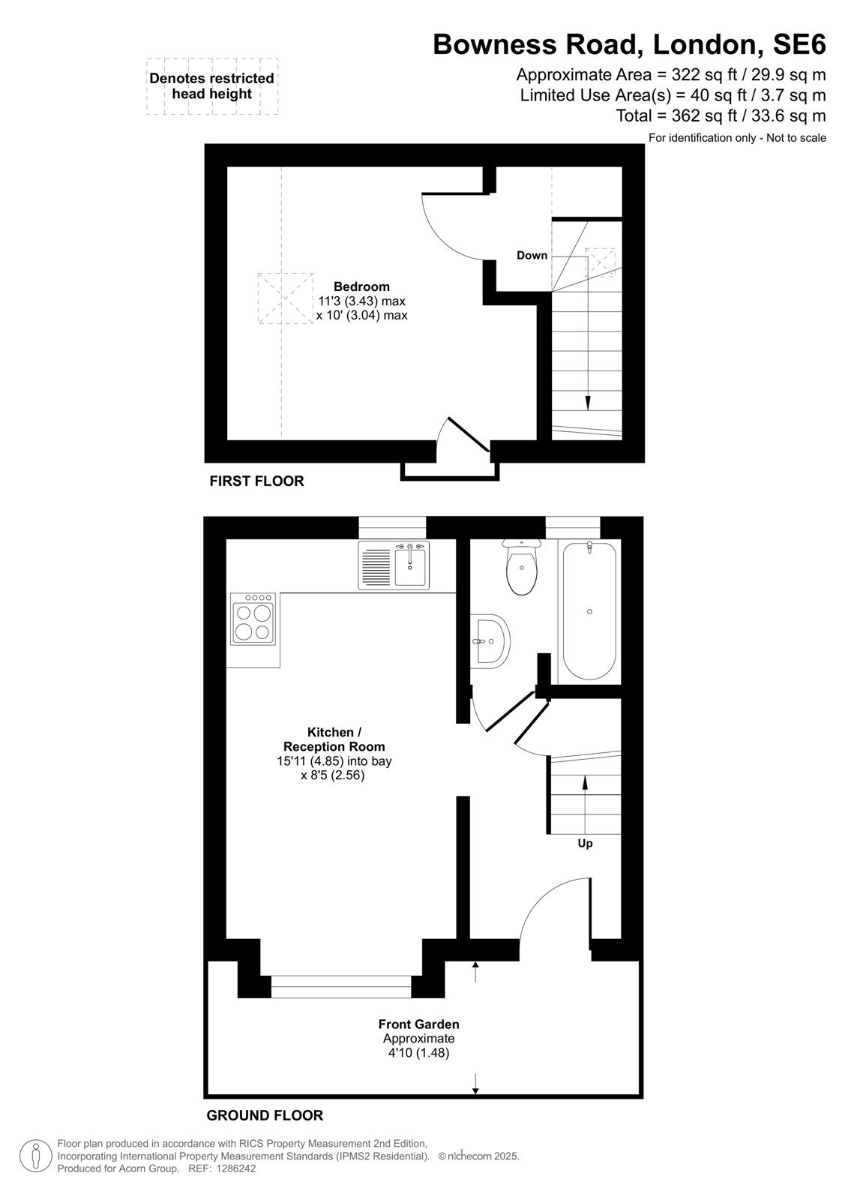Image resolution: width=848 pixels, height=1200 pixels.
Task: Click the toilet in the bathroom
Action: [x=521, y=567]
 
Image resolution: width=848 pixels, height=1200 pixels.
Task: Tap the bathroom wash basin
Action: [x=490, y=640]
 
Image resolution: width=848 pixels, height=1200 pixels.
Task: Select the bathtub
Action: [x=589, y=610]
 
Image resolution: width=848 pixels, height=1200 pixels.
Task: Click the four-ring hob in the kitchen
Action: [x=253, y=618]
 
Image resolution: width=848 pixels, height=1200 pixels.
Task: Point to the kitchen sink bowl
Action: [x=410, y=565]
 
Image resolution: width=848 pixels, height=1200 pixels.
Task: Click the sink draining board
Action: [x=376, y=566]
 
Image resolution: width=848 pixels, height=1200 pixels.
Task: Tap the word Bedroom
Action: [x=361, y=286]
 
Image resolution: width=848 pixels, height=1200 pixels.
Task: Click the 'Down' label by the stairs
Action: [x=532, y=256]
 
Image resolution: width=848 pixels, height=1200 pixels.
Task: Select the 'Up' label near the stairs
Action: [x=585, y=844]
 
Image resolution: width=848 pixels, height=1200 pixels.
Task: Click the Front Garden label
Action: [x=419, y=1024]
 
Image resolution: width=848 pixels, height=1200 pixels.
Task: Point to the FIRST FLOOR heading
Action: [x=256, y=481]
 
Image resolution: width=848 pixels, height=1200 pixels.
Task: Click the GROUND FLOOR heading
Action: [x=265, y=1115]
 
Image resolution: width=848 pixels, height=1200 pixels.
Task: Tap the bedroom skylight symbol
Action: [x=286, y=298]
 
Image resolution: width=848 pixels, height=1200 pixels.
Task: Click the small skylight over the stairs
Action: [x=599, y=262]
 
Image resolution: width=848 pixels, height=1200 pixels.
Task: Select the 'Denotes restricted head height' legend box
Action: [x=212, y=86]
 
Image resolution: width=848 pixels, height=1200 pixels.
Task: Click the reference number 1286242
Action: [x=235, y=1168]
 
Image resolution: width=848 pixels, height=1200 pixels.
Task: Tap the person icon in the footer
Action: [x=36, y=1156]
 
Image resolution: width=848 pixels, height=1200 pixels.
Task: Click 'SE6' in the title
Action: [x=799, y=44]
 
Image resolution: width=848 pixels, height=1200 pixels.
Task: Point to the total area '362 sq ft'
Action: [x=701, y=115]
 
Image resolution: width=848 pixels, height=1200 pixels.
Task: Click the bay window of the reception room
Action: [x=340, y=987]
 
